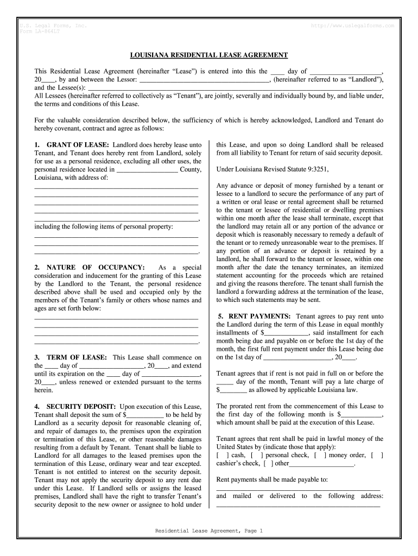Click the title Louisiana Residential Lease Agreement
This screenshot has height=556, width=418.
(x=209, y=55)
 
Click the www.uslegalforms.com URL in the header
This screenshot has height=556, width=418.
(x=353, y=26)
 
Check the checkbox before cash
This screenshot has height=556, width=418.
(x=223, y=455)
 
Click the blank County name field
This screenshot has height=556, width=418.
(x=147, y=169)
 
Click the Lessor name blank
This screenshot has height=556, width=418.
(x=205, y=79)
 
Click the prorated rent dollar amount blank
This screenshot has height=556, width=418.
(x=360, y=414)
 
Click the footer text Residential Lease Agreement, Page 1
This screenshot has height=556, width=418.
(x=209, y=530)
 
